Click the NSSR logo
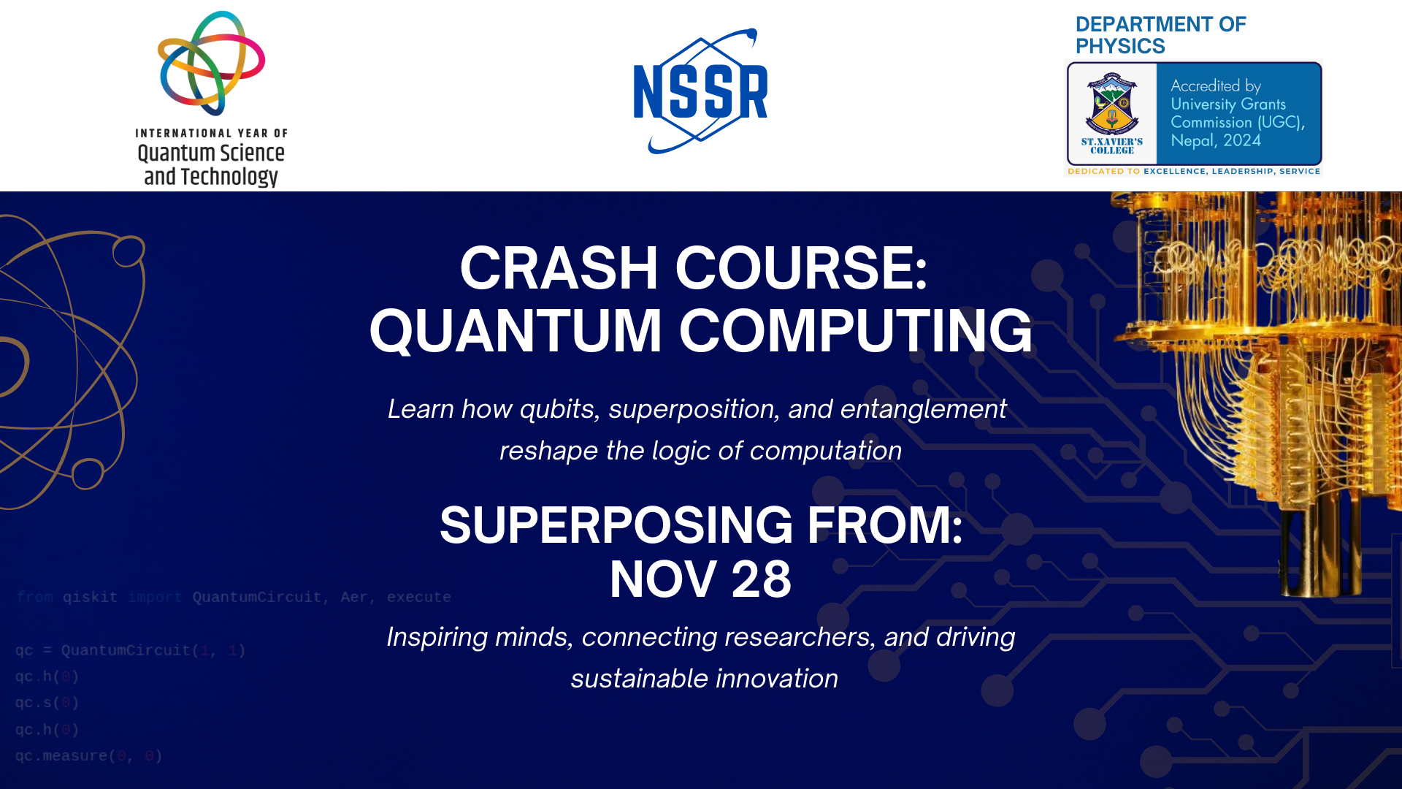pyautogui.click(x=700, y=92)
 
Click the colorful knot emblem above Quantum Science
pyautogui.click(x=211, y=63)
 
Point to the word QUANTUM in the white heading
pyautogui.click(x=516, y=331)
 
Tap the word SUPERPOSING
pyautogui.click(x=616, y=525)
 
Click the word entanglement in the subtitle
pyautogui.click(x=923, y=409)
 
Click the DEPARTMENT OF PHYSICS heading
pyautogui.click(x=1160, y=35)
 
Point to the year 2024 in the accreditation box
pyautogui.click(x=1241, y=140)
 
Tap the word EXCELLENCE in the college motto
pyautogui.click(x=1174, y=172)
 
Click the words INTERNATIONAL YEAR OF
pyautogui.click(x=211, y=133)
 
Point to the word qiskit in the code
pyautogui.click(x=90, y=598)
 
